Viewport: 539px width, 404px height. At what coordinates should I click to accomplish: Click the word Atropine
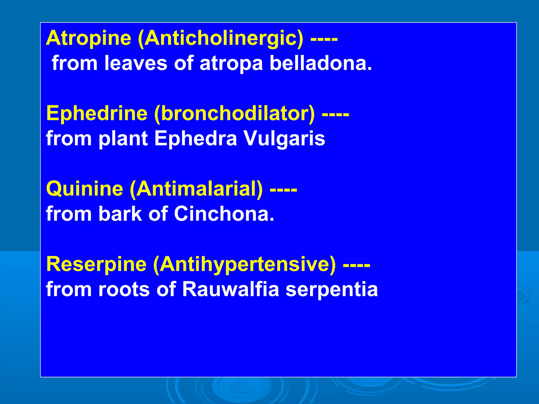(x=88, y=38)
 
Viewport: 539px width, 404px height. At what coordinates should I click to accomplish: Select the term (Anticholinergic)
(x=220, y=39)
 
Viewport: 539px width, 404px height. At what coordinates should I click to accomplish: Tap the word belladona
(x=321, y=63)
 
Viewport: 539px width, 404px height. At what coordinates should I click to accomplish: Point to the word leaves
(x=136, y=63)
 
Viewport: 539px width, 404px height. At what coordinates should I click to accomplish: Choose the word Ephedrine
(x=97, y=113)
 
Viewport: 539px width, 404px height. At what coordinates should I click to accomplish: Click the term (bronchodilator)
(x=234, y=114)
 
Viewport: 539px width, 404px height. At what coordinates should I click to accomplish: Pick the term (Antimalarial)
(x=196, y=189)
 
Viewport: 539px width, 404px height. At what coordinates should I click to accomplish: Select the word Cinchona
(x=224, y=214)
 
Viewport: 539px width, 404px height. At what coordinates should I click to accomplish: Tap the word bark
(x=120, y=214)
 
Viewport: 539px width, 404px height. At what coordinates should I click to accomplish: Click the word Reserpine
(x=96, y=265)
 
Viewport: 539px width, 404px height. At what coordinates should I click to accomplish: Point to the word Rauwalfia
(x=230, y=289)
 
